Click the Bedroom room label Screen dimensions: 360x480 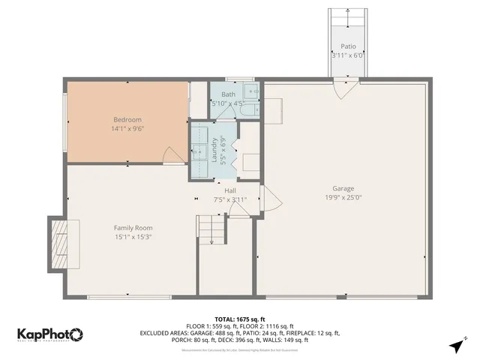[127, 119]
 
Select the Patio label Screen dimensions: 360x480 [348, 46]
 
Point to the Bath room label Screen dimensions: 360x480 [228, 94]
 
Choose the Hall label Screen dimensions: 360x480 [229, 191]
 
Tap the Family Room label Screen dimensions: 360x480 [133, 228]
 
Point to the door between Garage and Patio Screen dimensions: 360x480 [347, 88]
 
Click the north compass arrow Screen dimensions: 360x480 [456, 344]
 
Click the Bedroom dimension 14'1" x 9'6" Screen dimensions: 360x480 [127, 129]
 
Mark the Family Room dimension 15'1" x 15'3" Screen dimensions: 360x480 [133, 237]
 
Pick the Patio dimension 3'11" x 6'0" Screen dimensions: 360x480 [348, 55]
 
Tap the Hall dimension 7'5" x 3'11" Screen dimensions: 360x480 [229, 200]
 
